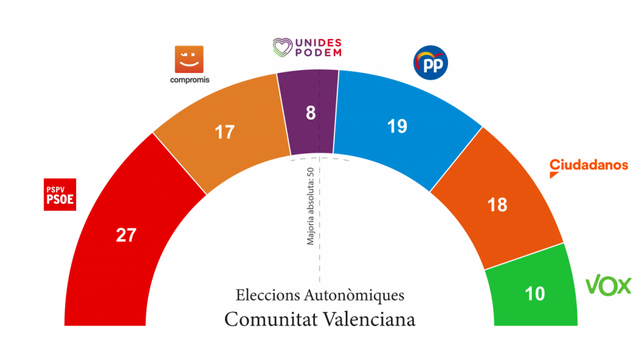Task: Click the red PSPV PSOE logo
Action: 60,194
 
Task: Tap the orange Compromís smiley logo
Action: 189,59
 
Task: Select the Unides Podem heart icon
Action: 282,46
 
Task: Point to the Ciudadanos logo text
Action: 589,165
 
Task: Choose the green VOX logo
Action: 608,286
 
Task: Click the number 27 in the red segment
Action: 126,235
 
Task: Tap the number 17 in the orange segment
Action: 224,132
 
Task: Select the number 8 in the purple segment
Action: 311,113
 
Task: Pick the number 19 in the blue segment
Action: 397,126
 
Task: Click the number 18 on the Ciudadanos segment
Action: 497,205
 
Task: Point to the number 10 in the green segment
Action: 534,293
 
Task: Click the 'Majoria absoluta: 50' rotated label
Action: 311,206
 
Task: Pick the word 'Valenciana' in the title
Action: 370,318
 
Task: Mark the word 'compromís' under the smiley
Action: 189,80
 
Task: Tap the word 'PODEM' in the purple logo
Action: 318,52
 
